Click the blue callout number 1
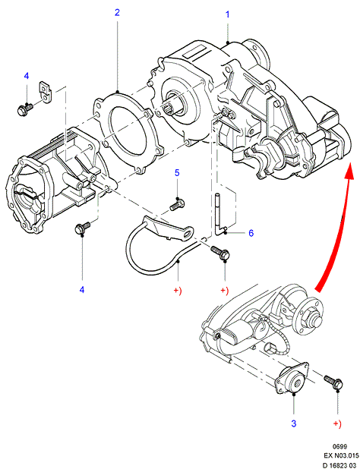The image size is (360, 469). pos(227,14)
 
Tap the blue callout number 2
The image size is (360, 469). pos(117,13)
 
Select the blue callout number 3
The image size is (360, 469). pos(294,423)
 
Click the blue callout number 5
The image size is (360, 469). pos(177,173)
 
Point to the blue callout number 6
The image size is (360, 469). pos(251,233)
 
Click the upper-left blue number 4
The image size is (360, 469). pos(27,76)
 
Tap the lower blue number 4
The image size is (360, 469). pos(82,290)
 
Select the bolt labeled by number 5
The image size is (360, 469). pos(177,205)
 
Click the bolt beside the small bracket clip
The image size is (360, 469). pos(25,109)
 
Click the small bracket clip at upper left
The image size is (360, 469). pos(45,92)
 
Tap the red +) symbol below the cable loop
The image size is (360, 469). pos(178,290)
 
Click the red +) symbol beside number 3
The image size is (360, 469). pos(337,423)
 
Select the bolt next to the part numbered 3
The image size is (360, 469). pos(333,382)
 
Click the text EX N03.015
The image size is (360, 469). pos(341,456)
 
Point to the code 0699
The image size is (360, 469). pos(339,446)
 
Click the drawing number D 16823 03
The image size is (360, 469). pos(340,465)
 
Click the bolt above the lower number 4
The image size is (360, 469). pos(82,228)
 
